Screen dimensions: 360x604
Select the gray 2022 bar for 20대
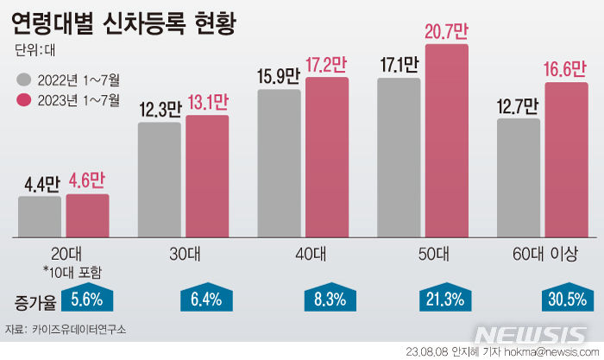point(40,216)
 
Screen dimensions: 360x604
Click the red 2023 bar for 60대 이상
point(566,160)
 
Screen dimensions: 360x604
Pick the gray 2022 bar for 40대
point(279,163)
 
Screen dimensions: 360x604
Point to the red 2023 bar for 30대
point(207,176)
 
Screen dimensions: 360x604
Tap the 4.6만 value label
point(88,182)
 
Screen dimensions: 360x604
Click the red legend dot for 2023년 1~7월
point(23,100)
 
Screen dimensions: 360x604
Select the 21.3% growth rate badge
point(445,299)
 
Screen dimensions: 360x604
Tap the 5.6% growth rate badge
point(87,299)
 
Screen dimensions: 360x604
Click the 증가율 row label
point(35,300)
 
